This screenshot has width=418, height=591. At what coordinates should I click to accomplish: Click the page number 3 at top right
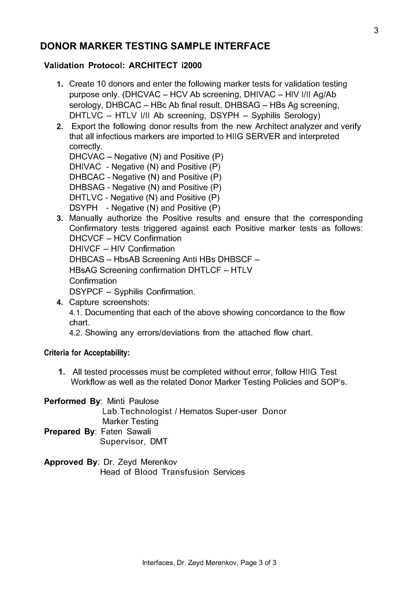tap(376, 31)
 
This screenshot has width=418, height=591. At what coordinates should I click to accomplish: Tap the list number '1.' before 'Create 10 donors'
tap(60, 85)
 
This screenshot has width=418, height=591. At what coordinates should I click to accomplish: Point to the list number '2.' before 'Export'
tap(60, 126)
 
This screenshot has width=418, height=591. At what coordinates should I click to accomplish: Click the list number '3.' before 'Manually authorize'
tap(60, 219)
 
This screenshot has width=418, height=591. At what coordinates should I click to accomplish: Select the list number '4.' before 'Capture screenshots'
tap(60, 302)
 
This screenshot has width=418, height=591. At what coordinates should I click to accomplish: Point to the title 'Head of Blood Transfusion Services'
tap(172, 472)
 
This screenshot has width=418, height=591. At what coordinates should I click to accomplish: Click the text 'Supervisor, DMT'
tap(134, 442)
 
